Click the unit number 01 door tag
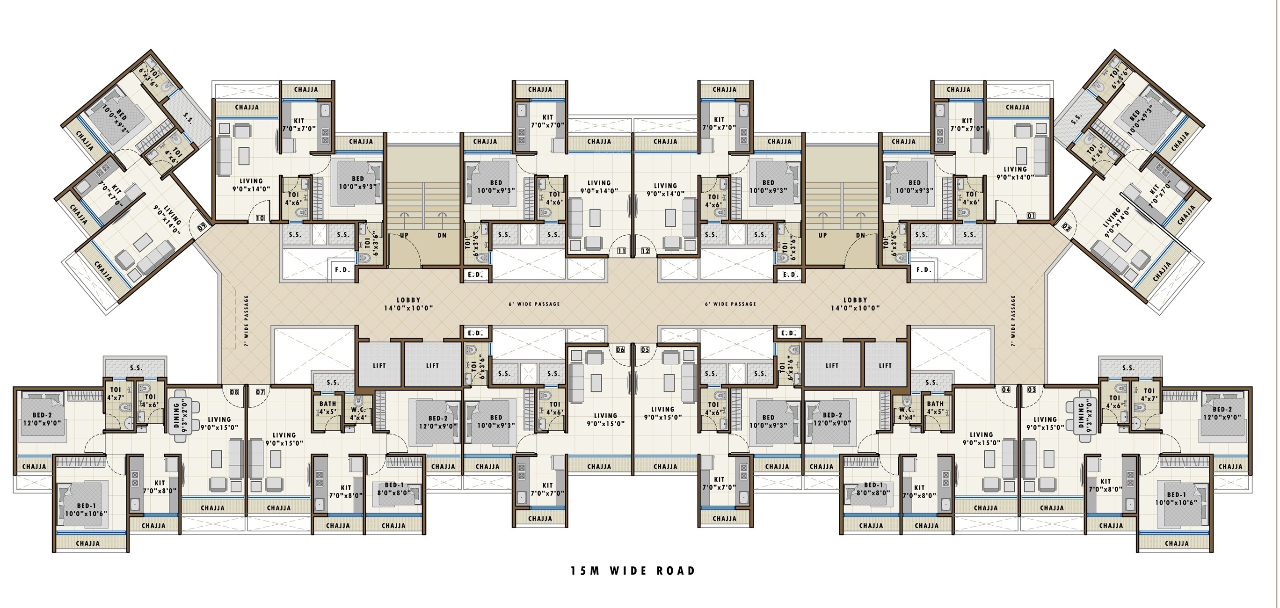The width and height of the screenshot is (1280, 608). (1032, 216)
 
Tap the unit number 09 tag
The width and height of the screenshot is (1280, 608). (202, 227)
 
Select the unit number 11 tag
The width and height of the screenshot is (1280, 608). (622, 251)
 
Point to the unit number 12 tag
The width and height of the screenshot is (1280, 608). (646, 251)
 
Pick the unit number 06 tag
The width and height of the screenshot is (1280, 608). (621, 350)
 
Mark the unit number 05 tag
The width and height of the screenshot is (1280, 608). (646, 350)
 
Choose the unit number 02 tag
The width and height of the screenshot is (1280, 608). (1066, 227)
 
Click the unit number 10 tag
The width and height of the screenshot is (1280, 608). (260, 218)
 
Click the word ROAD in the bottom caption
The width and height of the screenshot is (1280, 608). (676, 571)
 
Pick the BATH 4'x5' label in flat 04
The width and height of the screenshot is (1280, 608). (935, 408)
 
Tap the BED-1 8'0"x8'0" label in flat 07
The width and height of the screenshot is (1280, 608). (394, 489)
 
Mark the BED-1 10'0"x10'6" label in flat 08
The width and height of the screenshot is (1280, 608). (86, 510)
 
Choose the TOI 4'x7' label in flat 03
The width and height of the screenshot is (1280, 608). (1149, 395)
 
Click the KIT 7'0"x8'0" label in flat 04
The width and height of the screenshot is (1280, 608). (919, 492)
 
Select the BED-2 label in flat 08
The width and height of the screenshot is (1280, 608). (42, 415)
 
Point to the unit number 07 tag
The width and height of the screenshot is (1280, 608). (260, 392)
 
